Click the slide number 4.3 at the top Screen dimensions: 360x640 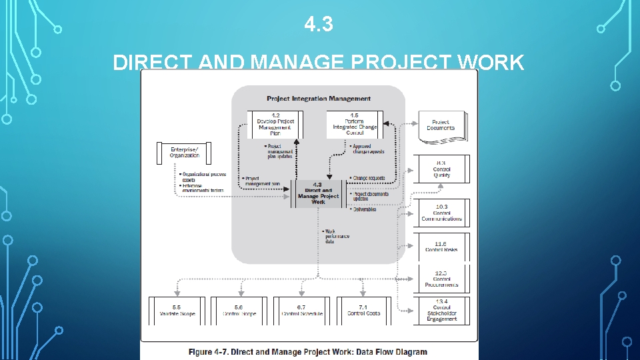click(318, 25)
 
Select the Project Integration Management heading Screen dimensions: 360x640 click(319, 99)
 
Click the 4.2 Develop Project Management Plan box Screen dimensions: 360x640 click(275, 125)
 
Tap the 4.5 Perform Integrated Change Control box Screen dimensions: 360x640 click(355, 125)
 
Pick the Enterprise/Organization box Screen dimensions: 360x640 click(184, 152)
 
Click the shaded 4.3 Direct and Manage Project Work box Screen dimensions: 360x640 click(319, 194)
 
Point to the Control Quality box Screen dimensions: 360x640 click(441, 169)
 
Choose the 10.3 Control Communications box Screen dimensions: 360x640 click(441, 213)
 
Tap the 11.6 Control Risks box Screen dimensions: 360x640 click(441, 246)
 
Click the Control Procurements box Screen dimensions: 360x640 click(441, 279)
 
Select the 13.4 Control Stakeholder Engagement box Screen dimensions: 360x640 click(441, 311)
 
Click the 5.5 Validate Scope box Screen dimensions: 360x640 click(178, 311)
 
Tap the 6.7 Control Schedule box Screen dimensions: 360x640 click(302, 311)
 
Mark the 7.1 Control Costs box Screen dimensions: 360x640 click(363, 311)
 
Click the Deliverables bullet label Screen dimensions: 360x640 click(364, 209)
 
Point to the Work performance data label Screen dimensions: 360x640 click(337, 237)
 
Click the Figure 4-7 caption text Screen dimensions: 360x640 click(308, 351)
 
